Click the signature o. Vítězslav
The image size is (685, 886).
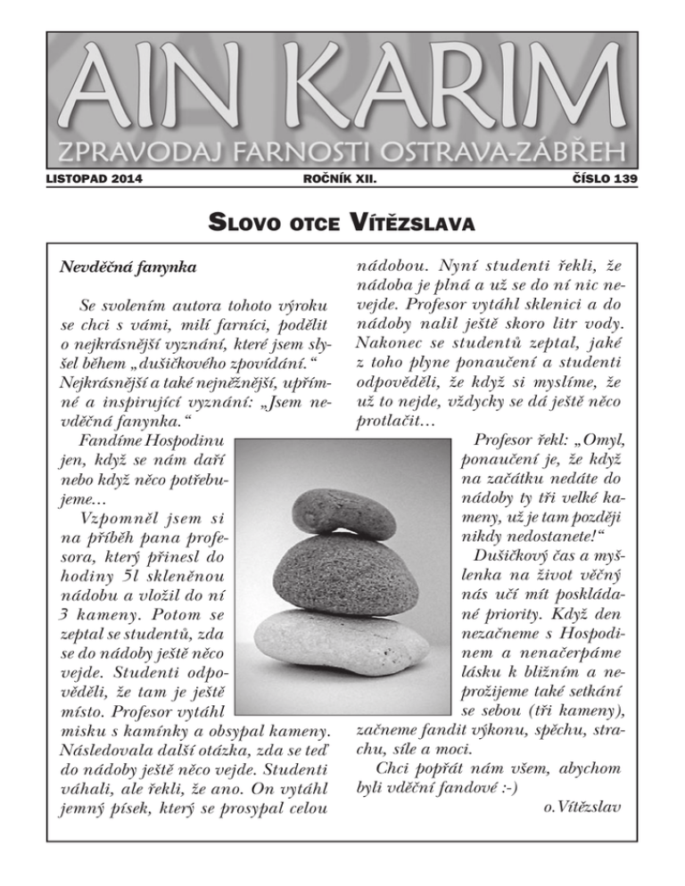tap(582, 807)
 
